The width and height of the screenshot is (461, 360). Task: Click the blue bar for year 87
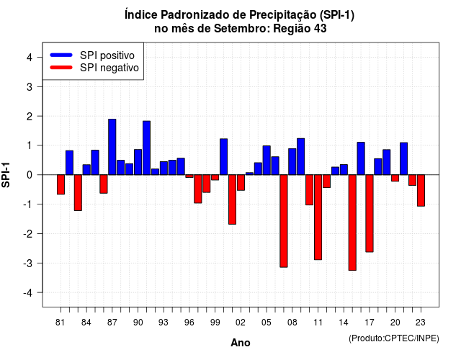pos(112,147)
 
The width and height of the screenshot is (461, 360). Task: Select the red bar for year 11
pos(318,217)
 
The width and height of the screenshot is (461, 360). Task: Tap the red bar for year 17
pos(370,213)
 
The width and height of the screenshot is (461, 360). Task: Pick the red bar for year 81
pos(61,184)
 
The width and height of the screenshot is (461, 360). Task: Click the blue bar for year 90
pos(138,162)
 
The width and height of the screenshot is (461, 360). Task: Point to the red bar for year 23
pos(421,190)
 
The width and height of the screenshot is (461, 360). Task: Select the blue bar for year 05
pos(267,160)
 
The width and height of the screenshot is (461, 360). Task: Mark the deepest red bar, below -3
pos(352,222)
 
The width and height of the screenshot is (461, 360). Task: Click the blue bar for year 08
pos(292,161)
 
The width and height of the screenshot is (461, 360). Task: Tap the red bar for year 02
pos(241,182)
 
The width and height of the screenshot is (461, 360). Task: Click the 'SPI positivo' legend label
pos(107,55)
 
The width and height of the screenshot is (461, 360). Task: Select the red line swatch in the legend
pos(61,68)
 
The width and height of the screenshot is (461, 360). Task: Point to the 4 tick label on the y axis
pos(30,58)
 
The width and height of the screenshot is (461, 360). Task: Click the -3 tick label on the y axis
pos(28,264)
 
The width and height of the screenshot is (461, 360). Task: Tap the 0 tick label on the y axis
pos(30,175)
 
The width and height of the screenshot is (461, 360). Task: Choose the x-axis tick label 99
pos(215,323)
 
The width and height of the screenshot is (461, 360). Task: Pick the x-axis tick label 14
pos(344,323)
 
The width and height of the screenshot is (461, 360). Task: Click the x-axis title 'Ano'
pos(241,343)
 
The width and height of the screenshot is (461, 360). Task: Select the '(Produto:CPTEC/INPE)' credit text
pos(394,338)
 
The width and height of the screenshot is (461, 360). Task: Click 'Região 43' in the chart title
pos(300,29)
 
